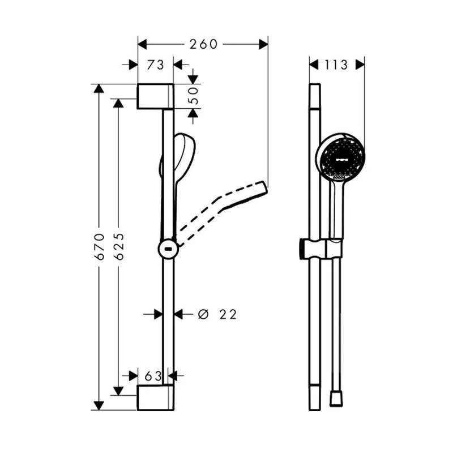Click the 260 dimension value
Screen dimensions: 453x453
(203, 44)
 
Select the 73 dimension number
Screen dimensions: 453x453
(155, 65)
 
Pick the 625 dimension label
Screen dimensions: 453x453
(119, 246)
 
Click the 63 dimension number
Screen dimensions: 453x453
(153, 376)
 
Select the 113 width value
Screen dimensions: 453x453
(336, 65)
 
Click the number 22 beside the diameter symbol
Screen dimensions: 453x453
(228, 314)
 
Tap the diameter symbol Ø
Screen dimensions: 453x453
(203, 314)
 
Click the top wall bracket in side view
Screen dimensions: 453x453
(155, 96)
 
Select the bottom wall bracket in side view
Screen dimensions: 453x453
(155, 398)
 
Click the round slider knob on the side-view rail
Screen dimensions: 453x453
(168, 249)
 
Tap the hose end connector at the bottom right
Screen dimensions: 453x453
(336, 399)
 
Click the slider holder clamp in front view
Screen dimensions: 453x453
(321, 249)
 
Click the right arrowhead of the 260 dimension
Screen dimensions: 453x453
(263, 44)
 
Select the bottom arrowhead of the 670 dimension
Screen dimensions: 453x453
(99, 405)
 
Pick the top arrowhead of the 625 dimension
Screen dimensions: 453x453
(118, 103)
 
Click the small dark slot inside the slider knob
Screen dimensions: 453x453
(168, 249)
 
